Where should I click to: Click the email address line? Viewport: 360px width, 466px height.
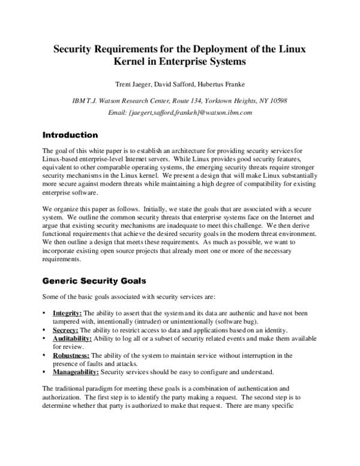179,112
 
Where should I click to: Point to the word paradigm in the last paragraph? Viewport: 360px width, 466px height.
101,389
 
